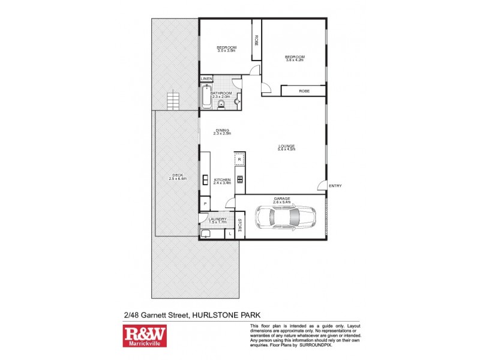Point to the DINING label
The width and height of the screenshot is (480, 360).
223,131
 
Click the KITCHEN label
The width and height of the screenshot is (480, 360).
223,180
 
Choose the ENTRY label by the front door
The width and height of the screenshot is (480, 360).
335,186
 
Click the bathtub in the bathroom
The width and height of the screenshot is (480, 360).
206,98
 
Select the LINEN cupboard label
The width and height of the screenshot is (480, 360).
206,79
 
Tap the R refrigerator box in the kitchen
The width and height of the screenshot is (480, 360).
239,160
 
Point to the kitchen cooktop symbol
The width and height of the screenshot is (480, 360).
239,179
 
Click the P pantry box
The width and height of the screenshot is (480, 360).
205,205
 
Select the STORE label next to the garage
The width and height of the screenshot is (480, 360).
239,226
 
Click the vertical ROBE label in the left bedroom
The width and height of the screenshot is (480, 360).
256,41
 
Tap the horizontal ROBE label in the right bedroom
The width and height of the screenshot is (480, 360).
304,91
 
